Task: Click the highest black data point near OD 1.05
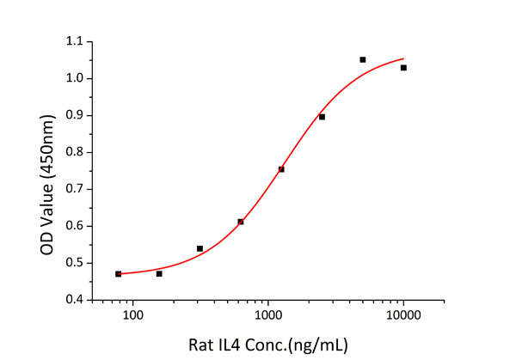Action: (x=363, y=59)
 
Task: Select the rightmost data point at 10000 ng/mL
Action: (x=403, y=67)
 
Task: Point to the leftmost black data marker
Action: (x=119, y=273)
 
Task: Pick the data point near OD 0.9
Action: (x=322, y=116)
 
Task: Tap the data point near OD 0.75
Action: (x=281, y=168)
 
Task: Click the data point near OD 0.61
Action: (x=241, y=222)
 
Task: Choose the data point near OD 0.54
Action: (x=200, y=248)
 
